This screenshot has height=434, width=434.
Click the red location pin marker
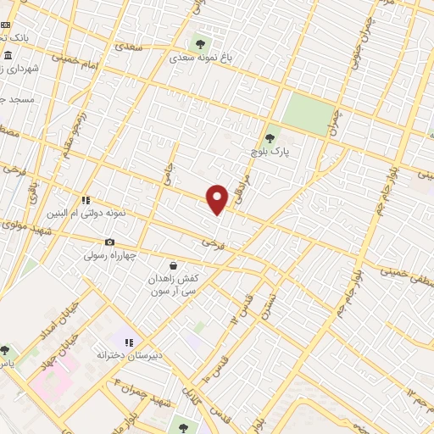[218, 199]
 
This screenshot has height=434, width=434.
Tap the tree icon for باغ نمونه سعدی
[201, 44]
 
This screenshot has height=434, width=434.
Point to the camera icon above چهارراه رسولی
[109, 242]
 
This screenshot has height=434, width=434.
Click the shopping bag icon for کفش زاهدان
[173, 265]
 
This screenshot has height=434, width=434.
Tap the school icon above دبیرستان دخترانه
[128, 342]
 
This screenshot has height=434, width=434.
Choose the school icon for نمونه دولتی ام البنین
[86, 200]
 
